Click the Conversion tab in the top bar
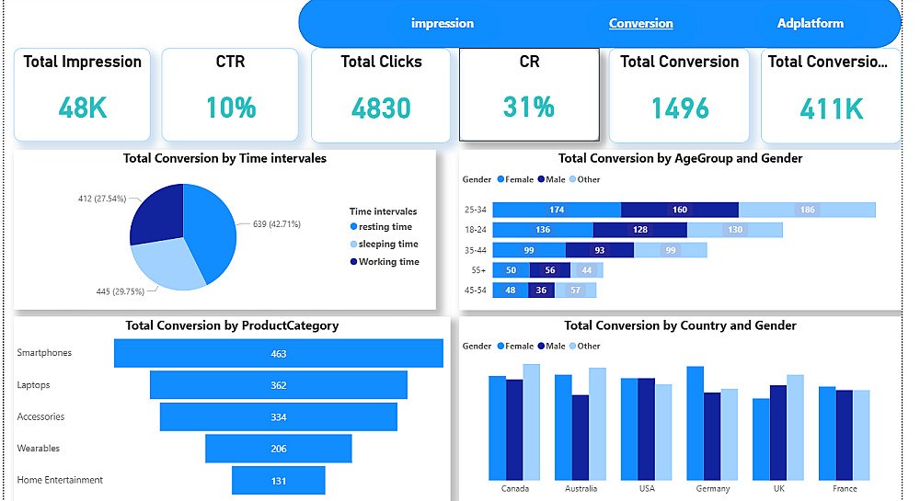click(640, 23)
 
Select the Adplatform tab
click(810, 23)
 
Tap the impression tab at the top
click(443, 23)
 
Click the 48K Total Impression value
click(83, 108)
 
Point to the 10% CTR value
click(231, 108)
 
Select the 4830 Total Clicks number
click(381, 108)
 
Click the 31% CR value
click(529, 107)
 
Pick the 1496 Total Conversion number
click(680, 108)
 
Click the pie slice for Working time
click(158, 213)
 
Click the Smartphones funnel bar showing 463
click(279, 354)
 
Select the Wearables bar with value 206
click(279, 449)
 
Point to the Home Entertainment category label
click(60, 480)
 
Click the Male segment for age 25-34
click(679, 210)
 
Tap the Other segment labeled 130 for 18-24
click(734, 230)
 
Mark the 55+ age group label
click(473, 270)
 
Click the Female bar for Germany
click(696, 423)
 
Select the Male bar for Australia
click(581, 438)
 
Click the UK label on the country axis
click(778, 488)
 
